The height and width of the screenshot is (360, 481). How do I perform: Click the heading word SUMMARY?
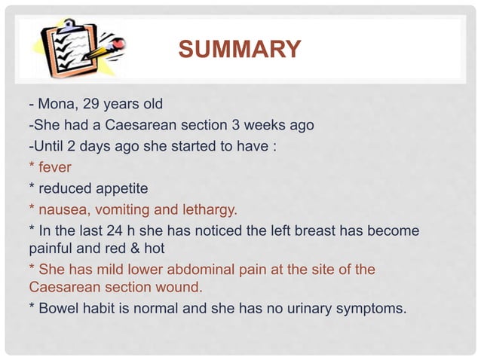click(x=239, y=50)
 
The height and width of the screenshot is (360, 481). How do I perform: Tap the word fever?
click(x=55, y=167)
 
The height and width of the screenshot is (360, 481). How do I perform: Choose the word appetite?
click(x=118, y=188)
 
